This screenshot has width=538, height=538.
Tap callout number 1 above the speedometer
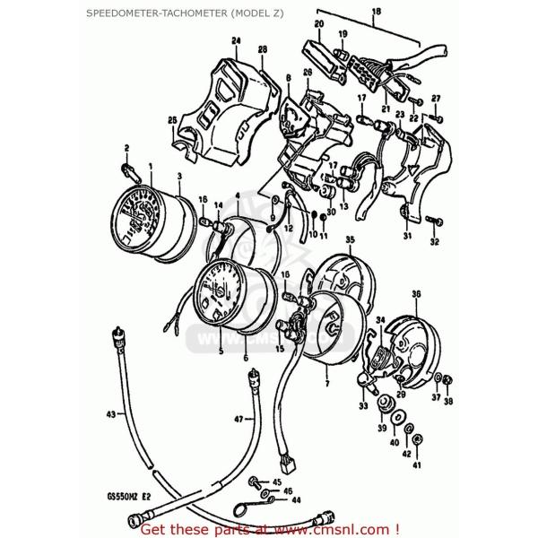point(151,167)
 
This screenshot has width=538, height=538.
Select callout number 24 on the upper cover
point(236,40)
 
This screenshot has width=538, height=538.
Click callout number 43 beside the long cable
point(111,415)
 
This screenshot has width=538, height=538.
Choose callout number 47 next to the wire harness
point(239,419)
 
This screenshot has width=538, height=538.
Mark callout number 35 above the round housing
point(351,239)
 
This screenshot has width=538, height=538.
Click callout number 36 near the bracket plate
point(415,294)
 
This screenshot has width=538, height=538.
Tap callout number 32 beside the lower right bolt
point(434,242)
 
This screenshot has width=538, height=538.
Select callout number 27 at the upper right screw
point(436,98)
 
